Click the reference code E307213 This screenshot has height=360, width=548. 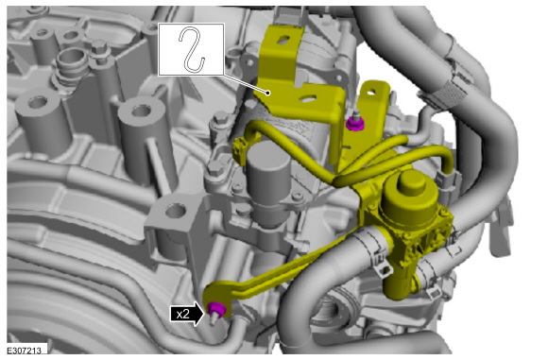[25, 351]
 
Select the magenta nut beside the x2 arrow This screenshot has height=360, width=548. [216, 308]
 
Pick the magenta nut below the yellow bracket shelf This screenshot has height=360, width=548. [355, 124]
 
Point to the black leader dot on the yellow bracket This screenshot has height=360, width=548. [268, 93]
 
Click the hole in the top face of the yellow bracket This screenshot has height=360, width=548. [283, 41]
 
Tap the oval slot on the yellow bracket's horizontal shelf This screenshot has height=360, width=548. [308, 99]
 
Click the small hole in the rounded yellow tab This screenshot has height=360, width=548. [370, 93]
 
